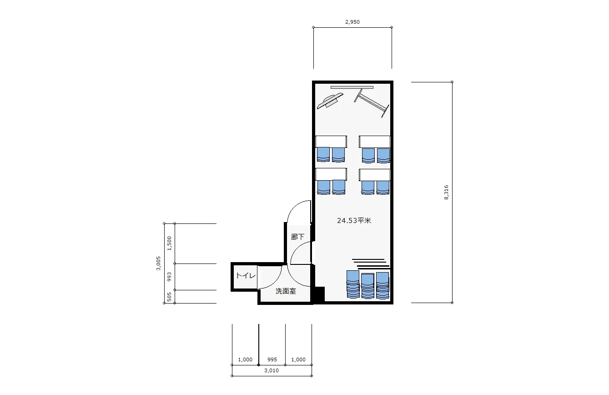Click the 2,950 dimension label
coord(352,22)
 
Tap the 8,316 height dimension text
coord(446,192)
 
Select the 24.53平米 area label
coord(354,220)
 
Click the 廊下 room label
coord(297,237)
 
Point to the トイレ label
coord(246,276)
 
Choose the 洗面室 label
coord(286,291)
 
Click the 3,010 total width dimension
coord(272,370)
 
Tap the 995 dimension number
coord(272,360)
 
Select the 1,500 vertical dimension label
coord(169,243)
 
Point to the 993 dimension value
coord(169,277)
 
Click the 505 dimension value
coord(169,297)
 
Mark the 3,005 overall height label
coord(158,263)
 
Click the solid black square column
coord(319,294)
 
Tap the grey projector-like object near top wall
coord(330,101)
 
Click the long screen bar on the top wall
coord(352,87)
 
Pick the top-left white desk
coord(331,142)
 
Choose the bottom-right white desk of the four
coord(375,175)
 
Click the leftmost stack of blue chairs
coord(353,284)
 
